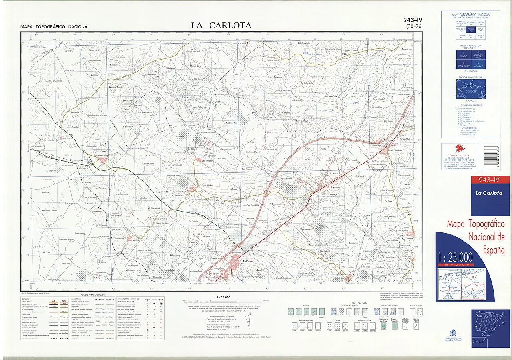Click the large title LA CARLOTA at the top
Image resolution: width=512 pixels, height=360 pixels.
[x=221, y=26]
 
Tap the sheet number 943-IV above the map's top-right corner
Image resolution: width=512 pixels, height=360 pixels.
[x=413, y=20]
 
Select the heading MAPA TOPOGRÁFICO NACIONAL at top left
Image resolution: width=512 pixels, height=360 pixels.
[x=55, y=27]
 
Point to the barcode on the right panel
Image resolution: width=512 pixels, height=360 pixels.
[x=491, y=156]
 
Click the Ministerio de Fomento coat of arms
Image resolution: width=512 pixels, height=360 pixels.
[x=453, y=333]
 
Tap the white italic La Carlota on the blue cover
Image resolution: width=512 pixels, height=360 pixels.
[x=489, y=193]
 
